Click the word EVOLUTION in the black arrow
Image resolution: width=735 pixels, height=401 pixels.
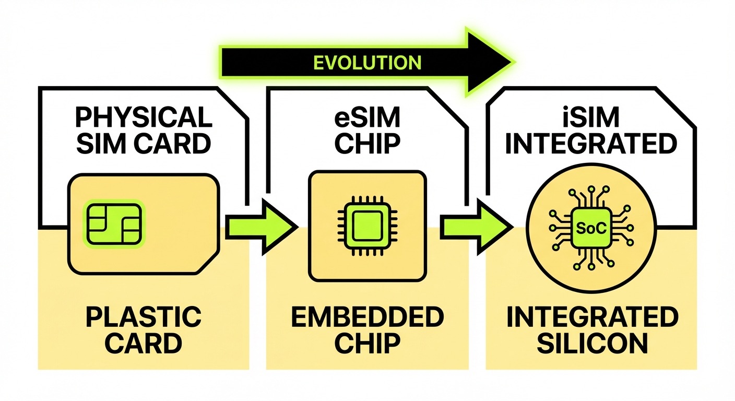[x=367, y=62]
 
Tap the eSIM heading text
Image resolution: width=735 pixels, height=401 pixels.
[x=367, y=118]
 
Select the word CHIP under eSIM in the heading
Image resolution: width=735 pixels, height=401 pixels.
[x=367, y=144]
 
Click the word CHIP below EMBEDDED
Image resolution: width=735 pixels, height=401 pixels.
[x=367, y=344]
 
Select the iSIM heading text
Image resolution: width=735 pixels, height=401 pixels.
[x=591, y=118]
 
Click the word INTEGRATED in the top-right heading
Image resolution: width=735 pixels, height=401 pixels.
[x=591, y=144]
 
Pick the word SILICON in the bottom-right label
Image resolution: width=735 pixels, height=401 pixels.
[x=592, y=344]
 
